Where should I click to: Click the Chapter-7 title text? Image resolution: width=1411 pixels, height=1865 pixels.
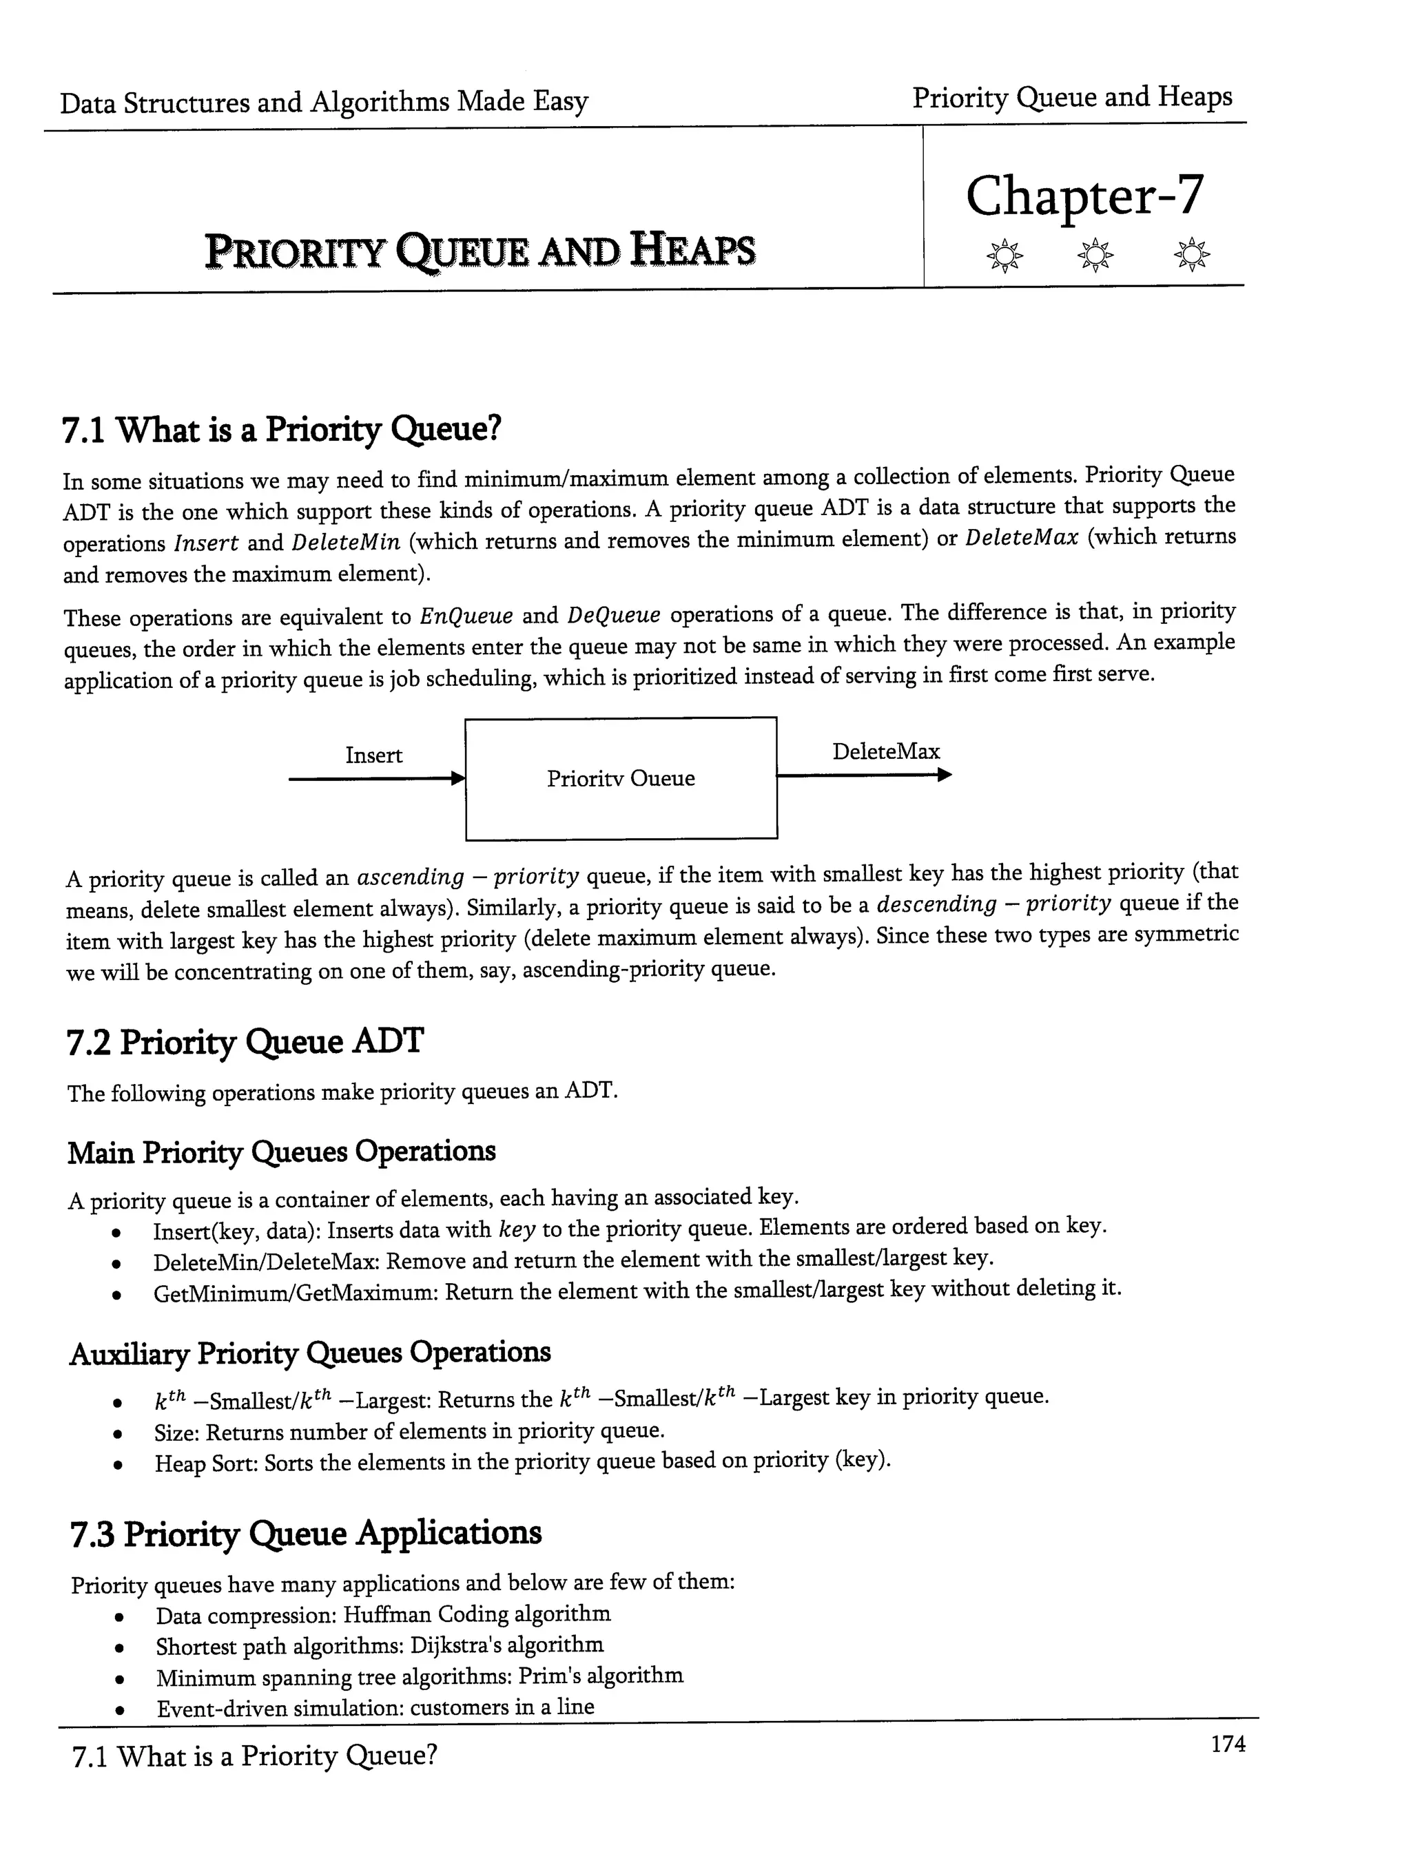[x=1084, y=196]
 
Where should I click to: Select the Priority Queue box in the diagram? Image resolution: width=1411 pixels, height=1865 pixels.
[x=621, y=778]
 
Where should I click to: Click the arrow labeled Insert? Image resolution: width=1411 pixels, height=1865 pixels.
[x=376, y=779]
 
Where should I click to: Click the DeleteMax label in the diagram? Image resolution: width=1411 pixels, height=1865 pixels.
[x=885, y=751]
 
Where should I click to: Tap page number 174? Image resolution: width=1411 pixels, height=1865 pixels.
[x=1227, y=1744]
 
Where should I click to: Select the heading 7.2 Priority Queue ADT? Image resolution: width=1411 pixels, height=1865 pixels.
[x=245, y=1042]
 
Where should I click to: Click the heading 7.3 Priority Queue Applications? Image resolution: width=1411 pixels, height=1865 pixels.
[x=305, y=1534]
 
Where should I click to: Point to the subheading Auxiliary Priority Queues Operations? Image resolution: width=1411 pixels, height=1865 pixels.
[x=309, y=1353]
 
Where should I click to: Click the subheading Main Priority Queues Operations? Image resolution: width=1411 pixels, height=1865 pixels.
[x=281, y=1152]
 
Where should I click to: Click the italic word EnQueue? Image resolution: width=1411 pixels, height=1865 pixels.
[x=466, y=616]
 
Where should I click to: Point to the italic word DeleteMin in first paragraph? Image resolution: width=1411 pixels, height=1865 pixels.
[x=345, y=542]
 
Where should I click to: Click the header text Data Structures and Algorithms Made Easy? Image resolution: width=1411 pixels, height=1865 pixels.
[x=324, y=102]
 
